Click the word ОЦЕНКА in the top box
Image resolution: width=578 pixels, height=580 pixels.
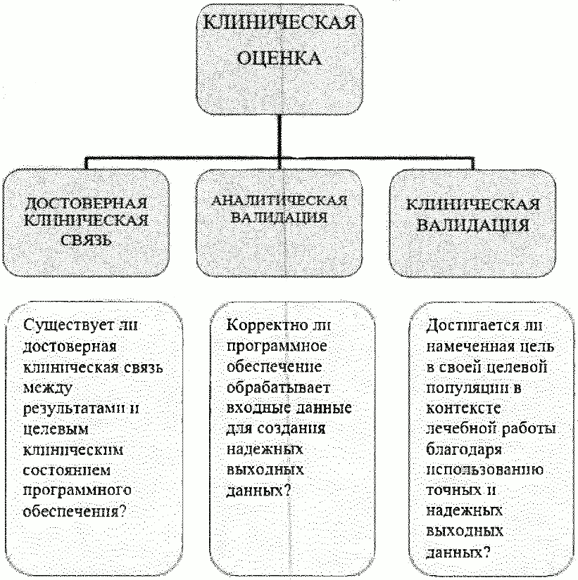pyautogui.click(x=280, y=58)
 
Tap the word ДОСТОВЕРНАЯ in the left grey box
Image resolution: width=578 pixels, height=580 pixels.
pyautogui.click(x=86, y=205)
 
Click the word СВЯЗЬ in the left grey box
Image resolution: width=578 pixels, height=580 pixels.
pyautogui.click(x=86, y=241)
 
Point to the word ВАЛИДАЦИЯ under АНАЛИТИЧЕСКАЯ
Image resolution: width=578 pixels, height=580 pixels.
pyautogui.click(x=279, y=218)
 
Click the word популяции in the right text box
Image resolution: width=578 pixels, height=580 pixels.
pyautogui.click(x=462, y=389)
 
